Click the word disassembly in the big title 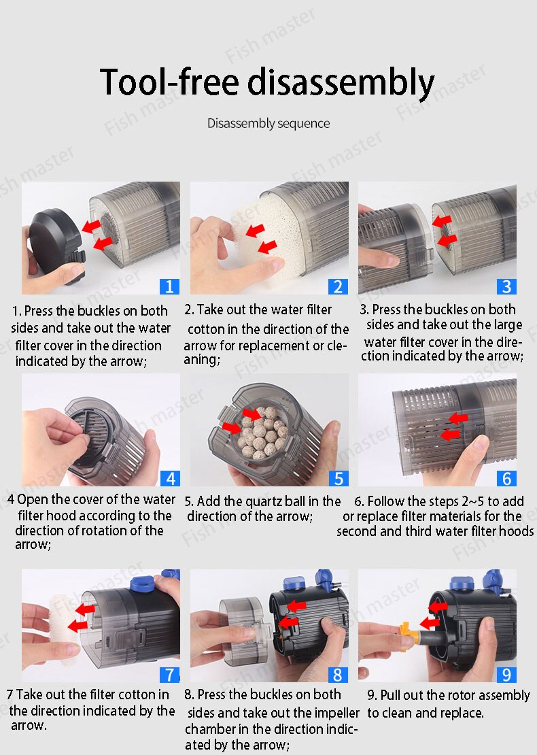pos(340,82)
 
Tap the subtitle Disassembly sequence pos(268,124)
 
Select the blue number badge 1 pos(169,286)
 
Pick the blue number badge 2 pos(338,286)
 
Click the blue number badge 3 pos(506,286)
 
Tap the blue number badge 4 pos(169,477)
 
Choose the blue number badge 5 pos(338,477)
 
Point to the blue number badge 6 pos(506,477)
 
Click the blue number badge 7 pos(169,674)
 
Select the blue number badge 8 pos(338,674)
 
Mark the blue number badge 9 pos(506,674)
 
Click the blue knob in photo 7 pos(140,584)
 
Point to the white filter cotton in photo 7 pos(51,620)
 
